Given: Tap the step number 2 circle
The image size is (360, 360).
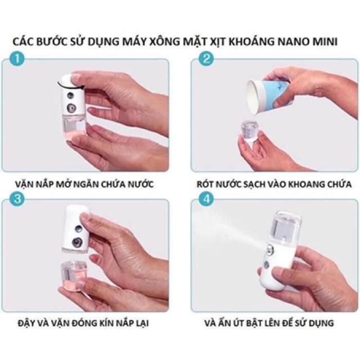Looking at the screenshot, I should click(x=207, y=58).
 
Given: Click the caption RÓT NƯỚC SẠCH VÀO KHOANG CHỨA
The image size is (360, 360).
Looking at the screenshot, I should click(x=273, y=183).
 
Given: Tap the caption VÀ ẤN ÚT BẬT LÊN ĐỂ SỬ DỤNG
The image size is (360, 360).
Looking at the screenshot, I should click(x=273, y=323).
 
